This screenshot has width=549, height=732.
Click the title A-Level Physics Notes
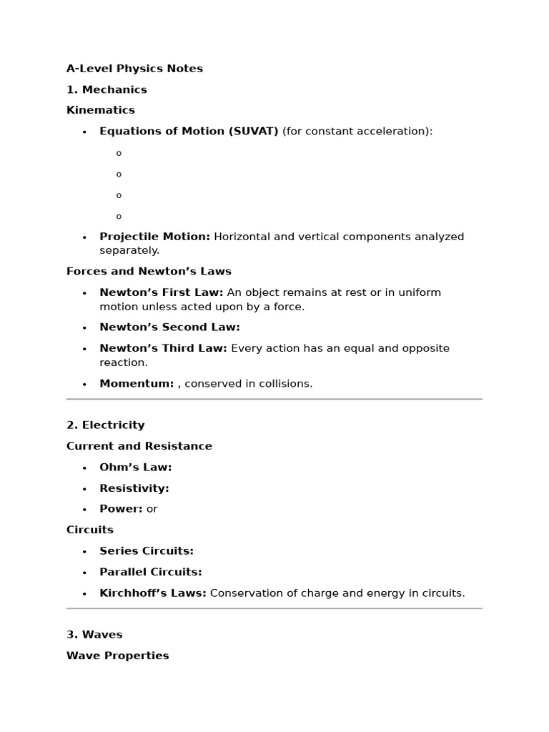point(134,69)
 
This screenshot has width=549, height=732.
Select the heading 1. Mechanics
point(107,89)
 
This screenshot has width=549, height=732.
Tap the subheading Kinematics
point(101,110)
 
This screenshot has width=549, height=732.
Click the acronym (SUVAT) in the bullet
point(254,131)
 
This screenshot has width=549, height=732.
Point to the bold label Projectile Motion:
point(154,237)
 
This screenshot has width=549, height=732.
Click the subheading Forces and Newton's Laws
point(149,271)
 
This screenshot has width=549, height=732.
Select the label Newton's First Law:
point(161,292)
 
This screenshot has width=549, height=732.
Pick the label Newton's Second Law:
point(169,327)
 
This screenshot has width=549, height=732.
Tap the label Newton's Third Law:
point(163,348)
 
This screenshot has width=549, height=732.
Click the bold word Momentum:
point(137,383)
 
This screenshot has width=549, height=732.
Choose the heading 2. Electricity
point(106,425)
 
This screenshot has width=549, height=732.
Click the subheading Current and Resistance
point(139,446)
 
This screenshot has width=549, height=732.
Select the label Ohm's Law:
point(135,467)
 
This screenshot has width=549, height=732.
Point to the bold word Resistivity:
point(134,488)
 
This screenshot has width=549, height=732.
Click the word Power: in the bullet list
point(121,509)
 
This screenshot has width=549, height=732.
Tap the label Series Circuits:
point(147,551)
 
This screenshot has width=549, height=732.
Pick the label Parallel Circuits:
point(151,572)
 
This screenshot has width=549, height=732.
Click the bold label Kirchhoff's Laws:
point(153,593)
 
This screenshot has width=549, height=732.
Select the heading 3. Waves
point(94,634)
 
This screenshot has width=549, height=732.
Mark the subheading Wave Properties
point(118,656)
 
